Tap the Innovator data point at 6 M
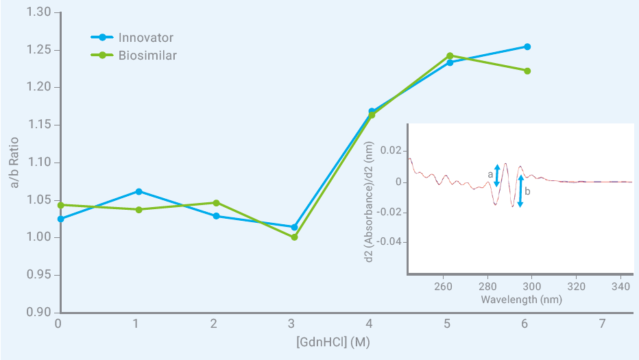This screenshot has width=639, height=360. [x=527, y=47]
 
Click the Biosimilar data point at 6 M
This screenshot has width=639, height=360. [x=527, y=71]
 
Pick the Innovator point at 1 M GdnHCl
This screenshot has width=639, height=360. [x=138, y=191]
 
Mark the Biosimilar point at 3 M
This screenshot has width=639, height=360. [x=294, y=237]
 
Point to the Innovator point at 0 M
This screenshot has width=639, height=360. [x=61, y=219]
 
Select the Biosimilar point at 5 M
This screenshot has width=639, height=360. [x=450, y=56]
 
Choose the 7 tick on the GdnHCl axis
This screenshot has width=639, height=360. [x=602, y=323]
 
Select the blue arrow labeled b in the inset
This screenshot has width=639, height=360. [x=520, y=191]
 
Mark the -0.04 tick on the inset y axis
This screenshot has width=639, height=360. [x=388, y=242]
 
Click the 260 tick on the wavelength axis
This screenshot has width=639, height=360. [x=443, y=286]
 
